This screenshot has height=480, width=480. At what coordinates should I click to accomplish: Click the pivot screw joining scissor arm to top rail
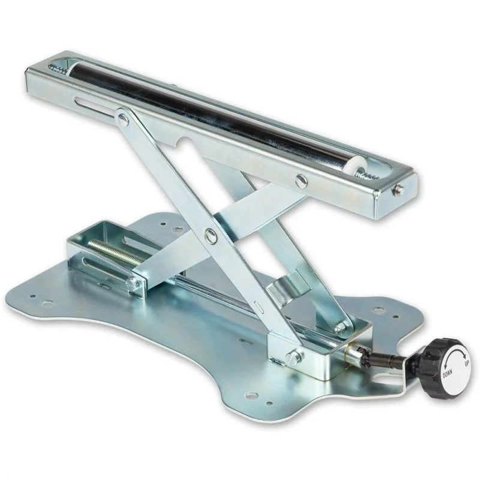tap(124, 118)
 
